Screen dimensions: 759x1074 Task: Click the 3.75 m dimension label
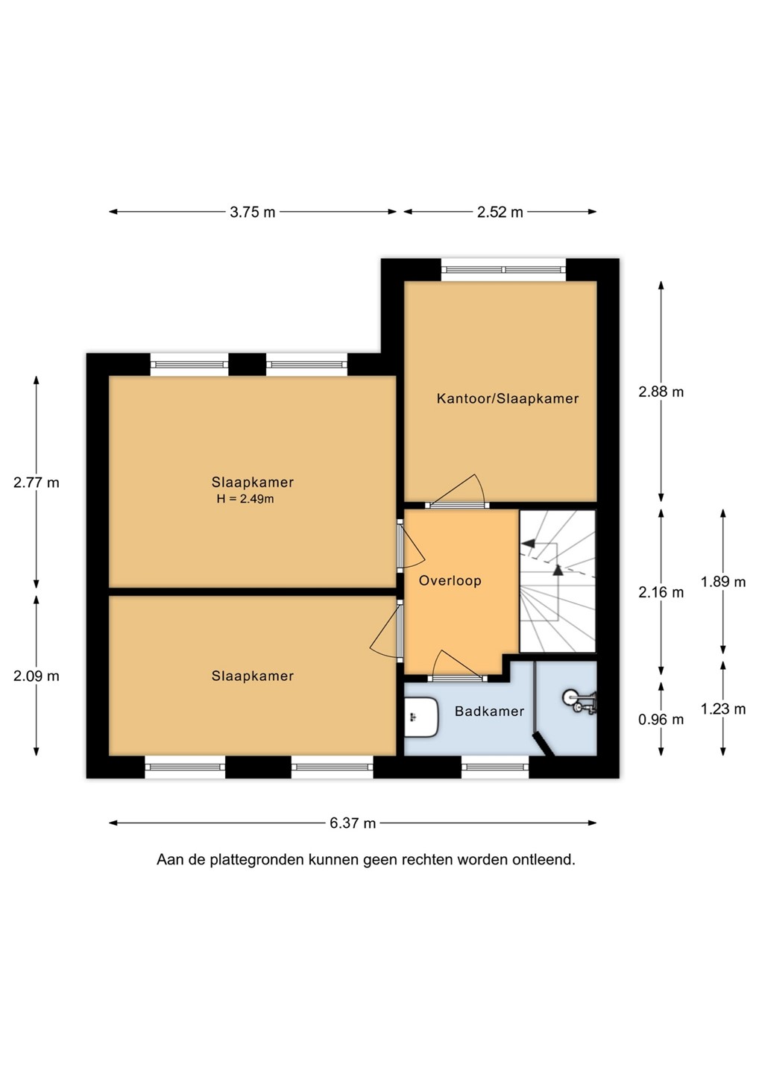[253, 212]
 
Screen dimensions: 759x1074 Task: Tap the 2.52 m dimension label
[500, 212]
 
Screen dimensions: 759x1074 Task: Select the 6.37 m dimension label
[353, 823]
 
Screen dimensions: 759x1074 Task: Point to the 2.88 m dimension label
[661, 392]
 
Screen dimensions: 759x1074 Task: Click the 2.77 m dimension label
[37, 483]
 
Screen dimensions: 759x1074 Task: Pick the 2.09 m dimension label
[37, 676]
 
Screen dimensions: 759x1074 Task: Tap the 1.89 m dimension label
[723, 582]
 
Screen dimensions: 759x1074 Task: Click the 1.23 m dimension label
[723, 709]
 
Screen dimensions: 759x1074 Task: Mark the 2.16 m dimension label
[661, 593]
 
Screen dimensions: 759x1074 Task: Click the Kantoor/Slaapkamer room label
[508, 398]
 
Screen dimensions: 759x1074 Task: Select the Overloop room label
[450, 580]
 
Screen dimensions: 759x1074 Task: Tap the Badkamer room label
[489, 711]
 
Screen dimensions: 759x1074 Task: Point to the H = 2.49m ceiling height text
[245, 499]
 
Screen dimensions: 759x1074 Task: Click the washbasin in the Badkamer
[421, 717]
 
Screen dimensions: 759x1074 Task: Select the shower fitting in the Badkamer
[580, 703]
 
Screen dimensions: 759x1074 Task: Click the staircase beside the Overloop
[558, 581]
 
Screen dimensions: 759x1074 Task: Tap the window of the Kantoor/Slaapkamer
[503, 269]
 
